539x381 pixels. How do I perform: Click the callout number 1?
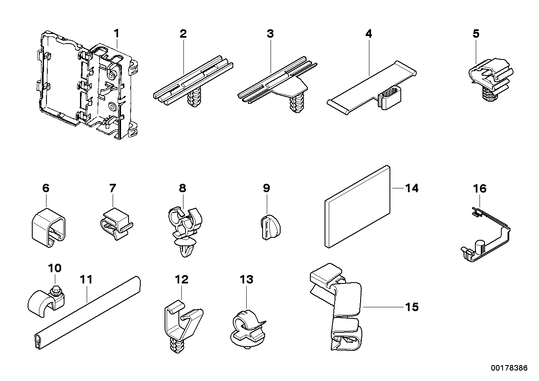(117, 33)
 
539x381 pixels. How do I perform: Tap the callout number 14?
(412, 189)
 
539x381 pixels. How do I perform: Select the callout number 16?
(480, 189)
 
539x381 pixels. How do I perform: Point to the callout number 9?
(266, 188)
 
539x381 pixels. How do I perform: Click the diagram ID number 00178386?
(509, 368)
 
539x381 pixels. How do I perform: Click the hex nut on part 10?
(55, 289)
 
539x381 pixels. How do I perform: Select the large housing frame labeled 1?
(88, 84)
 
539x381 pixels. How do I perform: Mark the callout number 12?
(182, 279)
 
